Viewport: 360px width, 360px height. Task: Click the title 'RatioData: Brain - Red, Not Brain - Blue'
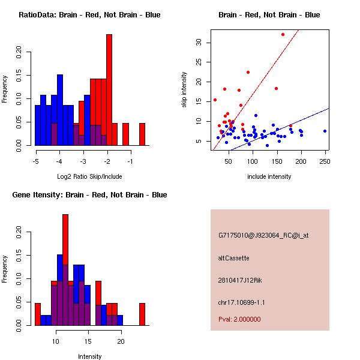89,15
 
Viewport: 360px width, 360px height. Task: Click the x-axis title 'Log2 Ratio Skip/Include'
89,176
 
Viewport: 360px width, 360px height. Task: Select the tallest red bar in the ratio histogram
109,90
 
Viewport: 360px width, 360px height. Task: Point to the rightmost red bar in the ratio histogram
142,134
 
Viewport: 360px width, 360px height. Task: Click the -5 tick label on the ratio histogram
36,161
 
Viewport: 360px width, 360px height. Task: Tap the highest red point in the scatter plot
283,34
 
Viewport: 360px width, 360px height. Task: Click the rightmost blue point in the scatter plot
325,131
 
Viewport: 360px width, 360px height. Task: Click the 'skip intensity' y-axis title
184,90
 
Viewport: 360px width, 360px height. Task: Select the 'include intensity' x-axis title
269,176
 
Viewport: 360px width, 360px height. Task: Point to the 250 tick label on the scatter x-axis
325,161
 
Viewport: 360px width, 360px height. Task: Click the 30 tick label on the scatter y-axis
197,43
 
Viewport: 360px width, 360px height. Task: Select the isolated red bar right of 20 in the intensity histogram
142,314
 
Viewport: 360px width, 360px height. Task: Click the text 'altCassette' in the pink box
234,258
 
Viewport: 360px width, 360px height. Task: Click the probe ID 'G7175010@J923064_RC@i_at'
263,236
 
